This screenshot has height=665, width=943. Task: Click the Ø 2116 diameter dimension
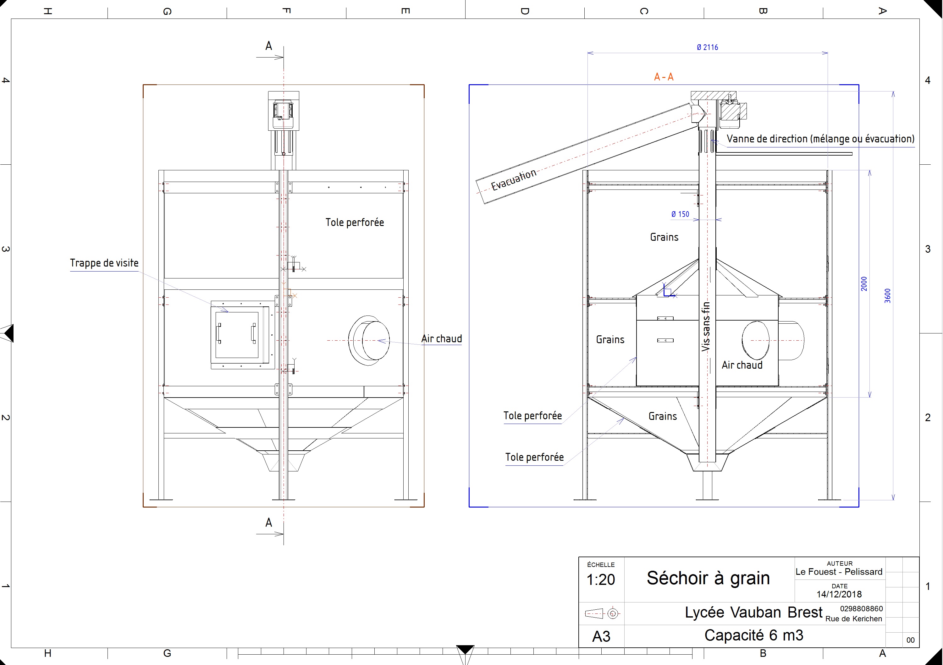coord(707,47)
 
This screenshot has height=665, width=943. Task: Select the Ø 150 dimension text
coord(680,214)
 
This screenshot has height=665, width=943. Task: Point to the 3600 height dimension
coord(888,296)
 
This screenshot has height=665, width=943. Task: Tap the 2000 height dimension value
coord(864,284)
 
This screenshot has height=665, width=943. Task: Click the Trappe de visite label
coord(104,263)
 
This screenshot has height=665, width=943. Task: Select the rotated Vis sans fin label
coord(706,327)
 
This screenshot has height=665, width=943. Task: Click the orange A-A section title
coord(664,77)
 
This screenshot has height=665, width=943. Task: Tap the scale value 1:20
coord(600,580)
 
